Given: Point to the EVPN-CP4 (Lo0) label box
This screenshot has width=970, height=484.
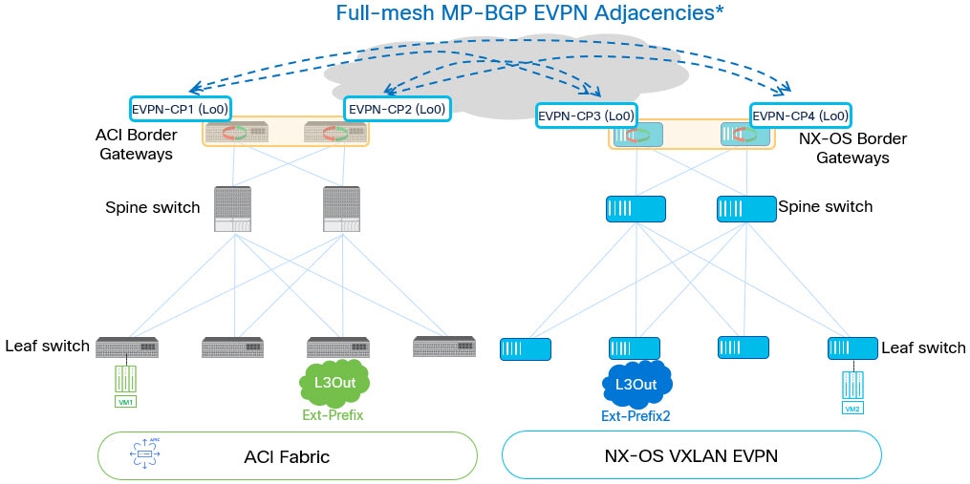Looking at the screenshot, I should tap(800, 116).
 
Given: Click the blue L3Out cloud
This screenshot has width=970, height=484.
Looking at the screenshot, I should tap(636, 384).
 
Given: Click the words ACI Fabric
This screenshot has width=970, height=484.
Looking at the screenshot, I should tap(287, 456).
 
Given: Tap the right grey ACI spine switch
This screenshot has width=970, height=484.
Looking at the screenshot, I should tap(342, 209).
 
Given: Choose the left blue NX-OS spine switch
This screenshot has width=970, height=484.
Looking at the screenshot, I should tap(636, 208).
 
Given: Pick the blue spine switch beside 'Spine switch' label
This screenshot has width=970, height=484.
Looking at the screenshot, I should tap(745, 208).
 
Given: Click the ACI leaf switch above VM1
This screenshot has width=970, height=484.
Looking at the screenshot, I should tap(126, 347).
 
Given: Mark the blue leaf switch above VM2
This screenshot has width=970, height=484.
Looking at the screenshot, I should tap(851, 348).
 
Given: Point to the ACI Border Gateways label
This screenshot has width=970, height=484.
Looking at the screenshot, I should tap(138, 144).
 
